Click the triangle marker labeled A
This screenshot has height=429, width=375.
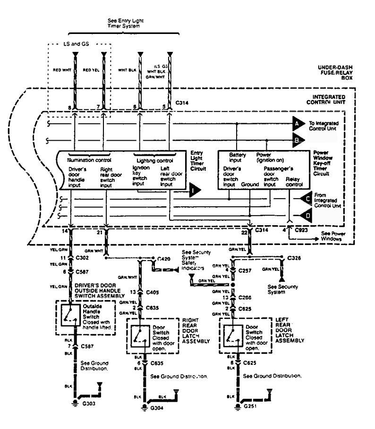coord(298,124)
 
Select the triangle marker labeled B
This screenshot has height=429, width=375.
coord(298,140)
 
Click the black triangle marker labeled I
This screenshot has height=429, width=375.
coord(194,191)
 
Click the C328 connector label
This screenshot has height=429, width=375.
coord(294,259)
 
